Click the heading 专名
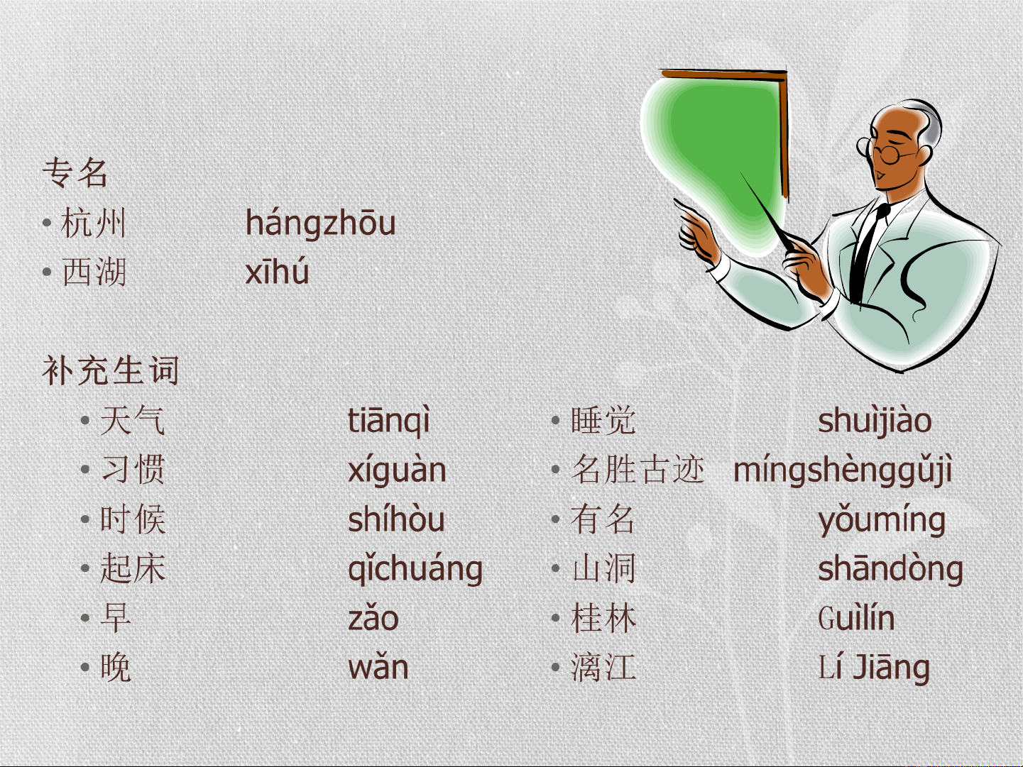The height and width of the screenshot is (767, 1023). (x=75, y=172)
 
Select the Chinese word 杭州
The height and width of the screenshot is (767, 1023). (x=93, y=223)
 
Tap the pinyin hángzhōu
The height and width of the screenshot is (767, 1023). (x=321, y=223)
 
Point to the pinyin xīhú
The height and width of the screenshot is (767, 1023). (x=277, y=271)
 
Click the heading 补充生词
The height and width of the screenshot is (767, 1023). (x=111, y=370)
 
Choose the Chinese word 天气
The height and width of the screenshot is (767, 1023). (x=133, y=420)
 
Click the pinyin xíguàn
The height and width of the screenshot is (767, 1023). (x=397, y=470)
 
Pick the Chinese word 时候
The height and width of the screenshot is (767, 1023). (x=133, y=519)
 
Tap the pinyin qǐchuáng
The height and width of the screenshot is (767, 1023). (x=415, y=568)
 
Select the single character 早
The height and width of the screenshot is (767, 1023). (x=116, y=617)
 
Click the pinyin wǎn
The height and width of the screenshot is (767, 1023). (x=378, y=667)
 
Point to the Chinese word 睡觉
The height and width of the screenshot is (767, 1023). (x=603, y=420)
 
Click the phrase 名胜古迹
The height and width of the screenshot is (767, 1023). (x=638, y=470)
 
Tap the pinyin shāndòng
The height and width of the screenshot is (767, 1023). (x=891, y=568)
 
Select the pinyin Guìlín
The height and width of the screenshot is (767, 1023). (x=857, y=617)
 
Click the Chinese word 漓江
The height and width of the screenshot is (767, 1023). (x=603, y=667)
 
